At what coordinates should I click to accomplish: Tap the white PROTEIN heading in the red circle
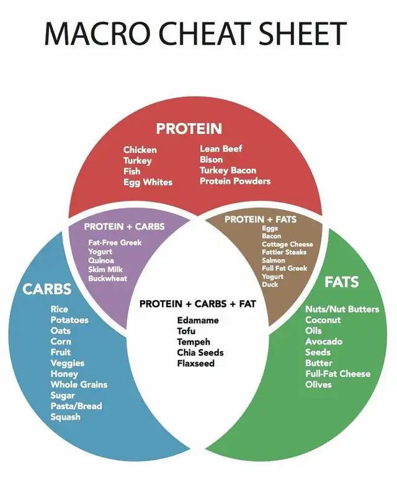tap(189, 129)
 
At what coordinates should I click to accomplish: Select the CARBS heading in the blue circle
tap(47, 289)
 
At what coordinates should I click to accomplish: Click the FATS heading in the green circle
tap(341, 282)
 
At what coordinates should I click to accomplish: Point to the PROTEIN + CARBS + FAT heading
tap(197, 304)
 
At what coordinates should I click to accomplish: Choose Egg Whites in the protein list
tap(148, 182)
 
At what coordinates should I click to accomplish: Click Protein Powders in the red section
tap(235, 181)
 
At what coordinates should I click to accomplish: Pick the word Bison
tap(212, 159)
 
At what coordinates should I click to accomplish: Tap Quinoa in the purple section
tap(101, 261)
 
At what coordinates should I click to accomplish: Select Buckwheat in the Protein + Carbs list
tap(108, 279)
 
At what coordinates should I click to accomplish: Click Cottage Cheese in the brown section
tap(287, 244)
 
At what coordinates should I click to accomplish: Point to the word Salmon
tap(274, 260)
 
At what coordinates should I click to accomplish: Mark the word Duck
tap(270, 285)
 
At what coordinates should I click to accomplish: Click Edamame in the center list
tap(198, 321)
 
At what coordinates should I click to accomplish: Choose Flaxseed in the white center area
tap(196, 363)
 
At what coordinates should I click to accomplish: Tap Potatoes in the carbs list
tap(69, 320)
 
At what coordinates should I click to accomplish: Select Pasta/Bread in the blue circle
tap(76, 406)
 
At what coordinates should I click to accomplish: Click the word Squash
tap(65, 417)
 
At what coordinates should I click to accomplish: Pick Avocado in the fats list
tap(324, 342)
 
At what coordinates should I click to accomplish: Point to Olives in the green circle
tap(318, 384)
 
